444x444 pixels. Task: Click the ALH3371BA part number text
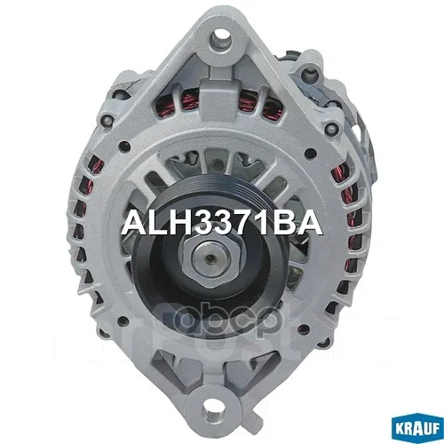tap(222, 224)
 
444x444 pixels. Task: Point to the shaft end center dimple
tap(210, 258)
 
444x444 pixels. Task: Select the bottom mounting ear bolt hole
tap(211, 409)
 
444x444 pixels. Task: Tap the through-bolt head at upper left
tap(107, 121)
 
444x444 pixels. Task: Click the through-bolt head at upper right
tap(332, 129)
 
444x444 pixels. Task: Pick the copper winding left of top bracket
tap(177, 101)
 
